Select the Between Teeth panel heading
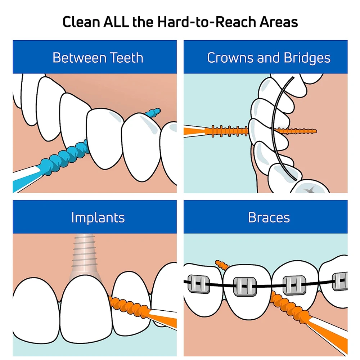pyautogui.click(x=98, y=58)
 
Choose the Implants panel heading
pyautogui.click(x=98, y=217)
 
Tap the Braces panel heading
pyautogui.click(x=269, y=217)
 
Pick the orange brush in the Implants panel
pyautogui.click(x=130, y=306)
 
